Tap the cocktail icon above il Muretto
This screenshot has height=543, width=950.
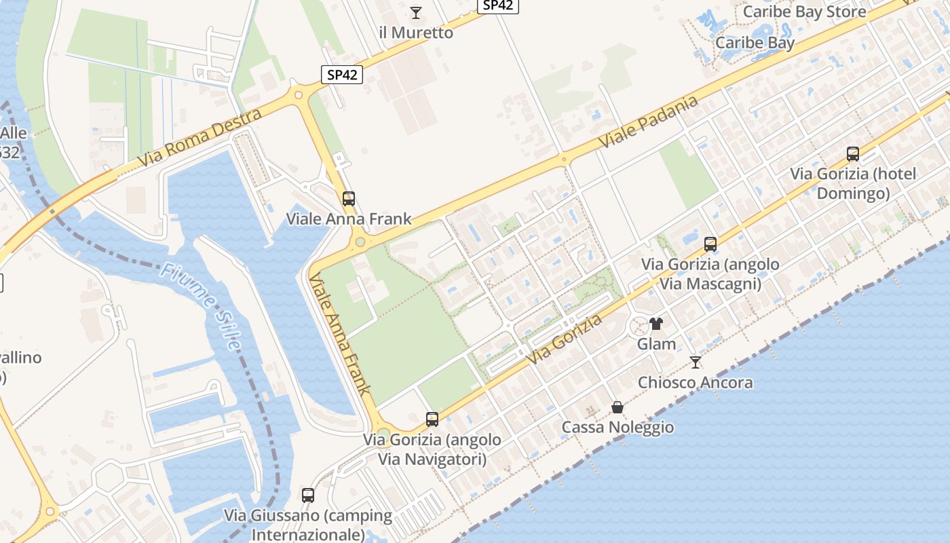pyautogui.click(x=416, y=12)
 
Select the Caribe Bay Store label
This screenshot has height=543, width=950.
pyautogui.click(x=804, y=12)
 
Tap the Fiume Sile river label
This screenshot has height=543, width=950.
pyautogui.click(x=199, y=306)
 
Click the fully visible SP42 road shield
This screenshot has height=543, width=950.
pyautogui.click(x=341, y=75)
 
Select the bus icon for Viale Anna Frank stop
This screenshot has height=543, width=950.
pyautogui.click(x=349, y=199)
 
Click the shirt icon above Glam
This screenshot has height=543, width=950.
pyautogui.click(x=655, y=324)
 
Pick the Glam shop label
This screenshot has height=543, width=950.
pyautogui.click(x=656, y=344)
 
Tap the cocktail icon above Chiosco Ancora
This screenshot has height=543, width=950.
pyautogui.click(x=695, y=362)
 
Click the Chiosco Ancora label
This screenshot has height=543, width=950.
pyautogui.click(x=695, y=383)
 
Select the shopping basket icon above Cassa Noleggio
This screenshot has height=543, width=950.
pyautogui.click(x=617, y=407)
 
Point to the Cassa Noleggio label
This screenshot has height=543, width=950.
pyautogui.click(x=617, y=427)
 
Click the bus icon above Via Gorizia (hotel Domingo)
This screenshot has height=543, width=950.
pyautogui.click(x=853, y=154)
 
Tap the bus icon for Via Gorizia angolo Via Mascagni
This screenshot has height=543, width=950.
pyautogui.click(x=710, y=244)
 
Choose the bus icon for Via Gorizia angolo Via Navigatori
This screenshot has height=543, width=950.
pyautogui.click(x=432, y=419)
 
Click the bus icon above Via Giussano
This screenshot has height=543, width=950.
pyautogui.click(x=308, y=495)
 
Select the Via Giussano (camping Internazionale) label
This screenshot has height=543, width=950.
pyautogui.click(x=308, y=525)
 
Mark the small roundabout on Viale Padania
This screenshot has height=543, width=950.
pyautogui.click(x=563, y=160)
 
